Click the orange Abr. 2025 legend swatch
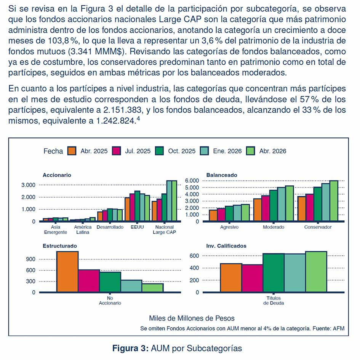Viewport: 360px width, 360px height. click(x=72, y=151)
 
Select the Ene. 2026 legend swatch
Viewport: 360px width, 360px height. click(x=204, y=151)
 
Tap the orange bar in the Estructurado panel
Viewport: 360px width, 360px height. click(x=67, y=272)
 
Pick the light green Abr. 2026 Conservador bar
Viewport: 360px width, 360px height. click(x=334, y=201)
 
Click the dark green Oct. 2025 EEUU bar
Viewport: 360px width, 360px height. click(x=137, y=206)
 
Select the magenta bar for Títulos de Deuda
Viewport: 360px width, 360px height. click(x=252, y=278)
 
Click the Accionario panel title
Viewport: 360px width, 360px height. click(x=57, y=175)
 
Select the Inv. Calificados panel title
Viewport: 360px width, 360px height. click(x=226, y=246)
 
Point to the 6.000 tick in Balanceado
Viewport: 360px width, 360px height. click(x=192, y=181)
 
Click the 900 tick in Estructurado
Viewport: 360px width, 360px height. click(x=30, y=259)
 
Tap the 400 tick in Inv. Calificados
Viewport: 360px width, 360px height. click(x=194, y=268)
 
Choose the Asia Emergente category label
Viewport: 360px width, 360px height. click(x=55, y=229)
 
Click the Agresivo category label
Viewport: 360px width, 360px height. click(x=229, y=227)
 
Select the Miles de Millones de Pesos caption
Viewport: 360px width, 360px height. click(x=192, y=318)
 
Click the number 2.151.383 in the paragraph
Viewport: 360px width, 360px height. click(x=122, y=110)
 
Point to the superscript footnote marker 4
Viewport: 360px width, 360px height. click(x=138, y=118)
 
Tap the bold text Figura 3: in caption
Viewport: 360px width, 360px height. click(x=130, y=348)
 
